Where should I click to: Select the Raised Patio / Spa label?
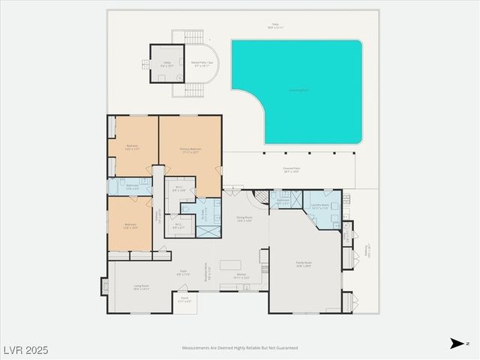[202, 64]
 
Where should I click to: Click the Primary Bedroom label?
[190, 150]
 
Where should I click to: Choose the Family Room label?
[304, 264]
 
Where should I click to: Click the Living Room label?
[141, 286]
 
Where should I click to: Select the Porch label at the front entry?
[184, 301]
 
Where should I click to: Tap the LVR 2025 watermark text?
[25, 350]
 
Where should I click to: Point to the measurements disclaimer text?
[240, 348]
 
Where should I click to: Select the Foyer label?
[183, 273]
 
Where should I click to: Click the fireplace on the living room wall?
[104, 287]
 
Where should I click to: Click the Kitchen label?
[241, 276]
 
